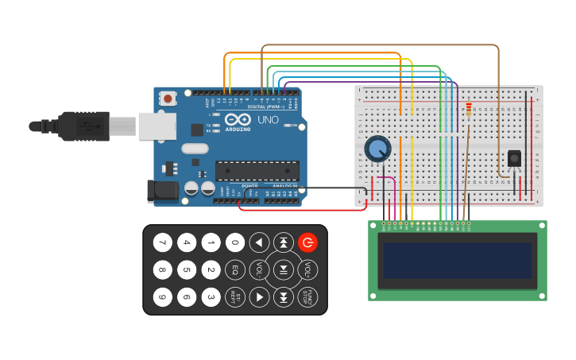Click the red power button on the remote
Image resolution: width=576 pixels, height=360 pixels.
click(307, 242)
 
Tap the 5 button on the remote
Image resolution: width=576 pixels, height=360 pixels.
click(187, 269)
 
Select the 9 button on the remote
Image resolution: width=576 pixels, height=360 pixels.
click(162, 297)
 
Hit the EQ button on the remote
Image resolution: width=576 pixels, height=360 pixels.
click(235, 269)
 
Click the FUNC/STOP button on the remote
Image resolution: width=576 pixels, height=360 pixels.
click(307, 297)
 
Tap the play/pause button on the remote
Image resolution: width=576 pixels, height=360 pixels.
click(284, 269)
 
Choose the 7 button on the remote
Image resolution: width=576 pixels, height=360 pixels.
click(162, 242)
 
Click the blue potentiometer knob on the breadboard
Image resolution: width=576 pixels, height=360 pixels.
click(377, 148)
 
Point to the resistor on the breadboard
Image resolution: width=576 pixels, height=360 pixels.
click(469, 110)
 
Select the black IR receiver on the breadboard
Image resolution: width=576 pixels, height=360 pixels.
click(514, 158)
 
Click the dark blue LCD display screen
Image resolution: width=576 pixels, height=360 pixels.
click(457, 261)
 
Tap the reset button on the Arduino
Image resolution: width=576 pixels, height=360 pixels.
click(168, 99)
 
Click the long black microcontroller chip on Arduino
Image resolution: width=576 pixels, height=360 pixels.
click(257, 170)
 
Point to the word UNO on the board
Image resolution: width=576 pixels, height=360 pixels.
click(270, 119)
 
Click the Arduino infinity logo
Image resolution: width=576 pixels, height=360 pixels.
click(238, 119)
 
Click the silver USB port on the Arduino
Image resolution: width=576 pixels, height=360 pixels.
click(157, 126)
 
